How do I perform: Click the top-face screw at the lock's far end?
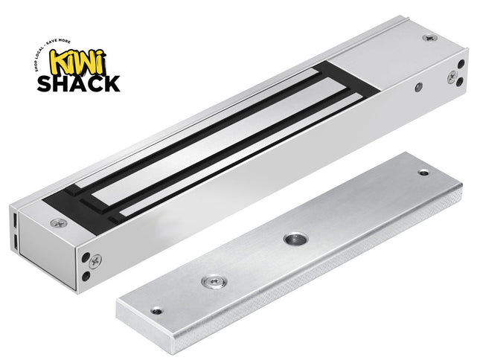pyautogui.click(x=428, y=38)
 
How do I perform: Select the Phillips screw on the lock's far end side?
pyautogui.click(x=451, y=77)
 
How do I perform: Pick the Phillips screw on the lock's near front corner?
pyautogui.click(x=95, y=260)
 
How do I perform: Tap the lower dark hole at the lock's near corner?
pyautogui.click(x=87, y=277)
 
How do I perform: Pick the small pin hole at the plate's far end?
pyautogui.click(x=423, y=173)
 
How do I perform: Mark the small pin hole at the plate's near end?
pyautogui.click(x=155, y=311)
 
